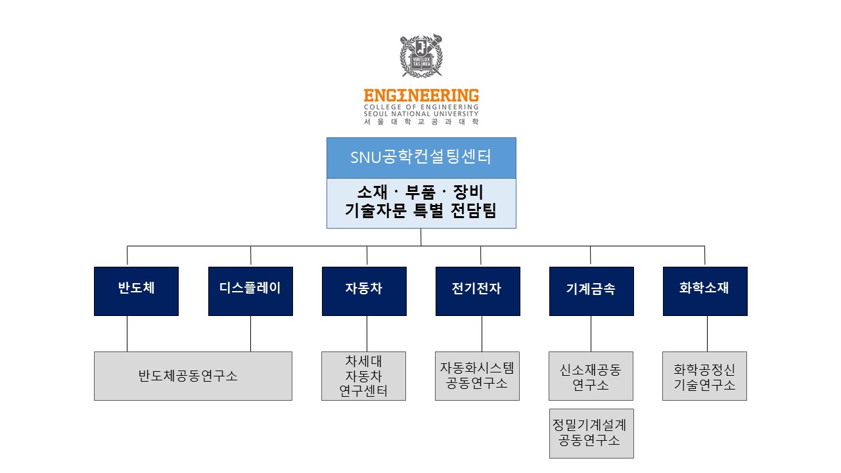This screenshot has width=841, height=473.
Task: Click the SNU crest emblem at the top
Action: (421, 56)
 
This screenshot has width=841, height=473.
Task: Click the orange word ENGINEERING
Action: (421, 96)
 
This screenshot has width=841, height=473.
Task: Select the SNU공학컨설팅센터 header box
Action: (421, 158)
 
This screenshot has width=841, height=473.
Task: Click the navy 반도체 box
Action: (136, 291)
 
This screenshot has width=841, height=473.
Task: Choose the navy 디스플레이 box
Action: (250, 291)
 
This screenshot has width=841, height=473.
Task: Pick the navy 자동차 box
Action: (364, 291)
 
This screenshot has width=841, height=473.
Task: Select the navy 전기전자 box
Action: (478, 291)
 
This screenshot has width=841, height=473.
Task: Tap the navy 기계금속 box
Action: (591, 291)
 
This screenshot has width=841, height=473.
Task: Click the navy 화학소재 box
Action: (705, 291)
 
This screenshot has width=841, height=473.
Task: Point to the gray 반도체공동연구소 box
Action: (193, 376)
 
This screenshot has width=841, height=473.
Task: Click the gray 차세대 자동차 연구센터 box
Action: (363, 376)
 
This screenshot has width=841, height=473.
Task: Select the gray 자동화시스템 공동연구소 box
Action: (477, 376)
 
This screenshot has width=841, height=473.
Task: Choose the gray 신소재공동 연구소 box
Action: (591, 376)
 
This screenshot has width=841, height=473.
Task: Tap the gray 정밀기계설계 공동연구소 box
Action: (591, 433)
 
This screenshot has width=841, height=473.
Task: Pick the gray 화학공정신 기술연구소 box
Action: (704, 376)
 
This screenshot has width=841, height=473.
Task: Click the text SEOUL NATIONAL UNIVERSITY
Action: (421, 114)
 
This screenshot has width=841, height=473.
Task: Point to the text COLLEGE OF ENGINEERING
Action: (421, 107)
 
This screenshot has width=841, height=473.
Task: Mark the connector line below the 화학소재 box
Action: (707, 334)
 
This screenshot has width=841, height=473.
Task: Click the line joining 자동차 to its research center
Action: (367, 334)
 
